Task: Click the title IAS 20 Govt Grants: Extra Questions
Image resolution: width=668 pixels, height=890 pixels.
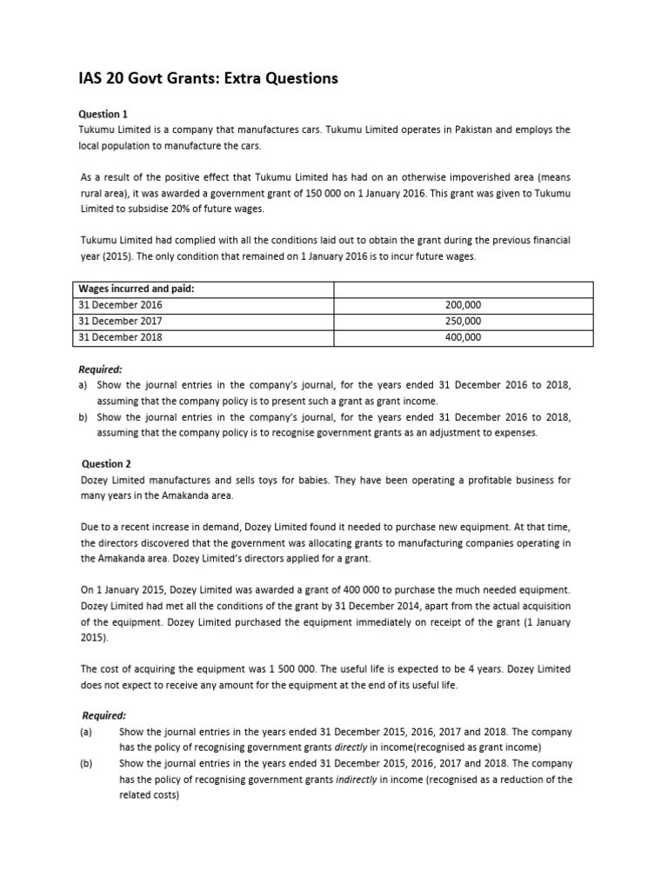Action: [x=208, y=79]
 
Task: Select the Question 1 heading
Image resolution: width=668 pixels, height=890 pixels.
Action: [x=104, y=114]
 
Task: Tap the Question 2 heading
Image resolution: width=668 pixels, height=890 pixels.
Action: [x=106, y=464]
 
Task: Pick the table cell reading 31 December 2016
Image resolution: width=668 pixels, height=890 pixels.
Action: [x=120, y=305]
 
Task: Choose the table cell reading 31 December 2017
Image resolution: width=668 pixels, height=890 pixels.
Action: [x=120, y=321]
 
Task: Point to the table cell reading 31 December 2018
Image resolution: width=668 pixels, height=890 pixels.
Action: [x=120, y=337]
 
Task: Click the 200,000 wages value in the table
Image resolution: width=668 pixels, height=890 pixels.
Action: [x=463, y=305]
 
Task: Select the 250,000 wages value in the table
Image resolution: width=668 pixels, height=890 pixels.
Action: [x=463, y=321]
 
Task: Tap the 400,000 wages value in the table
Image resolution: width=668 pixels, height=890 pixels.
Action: [x=463, y=337]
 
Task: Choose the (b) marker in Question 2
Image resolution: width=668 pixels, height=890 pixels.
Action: [x=86, y=764]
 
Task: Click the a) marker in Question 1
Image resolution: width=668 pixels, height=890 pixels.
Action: [x=83, y=384]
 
